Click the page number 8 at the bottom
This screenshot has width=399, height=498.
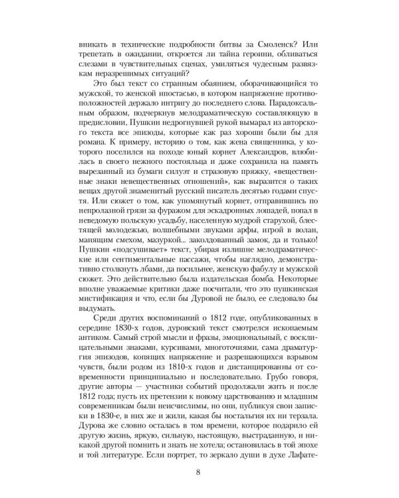[199, 472]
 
